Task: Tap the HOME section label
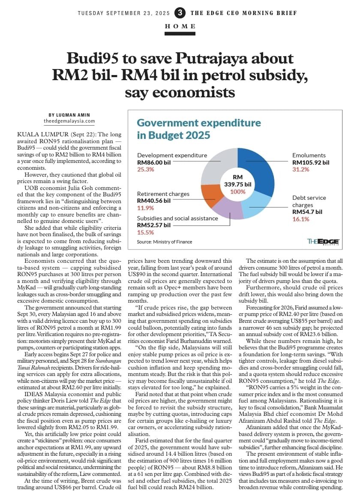(x=180, y=27)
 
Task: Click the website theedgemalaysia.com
(x=69, y=121)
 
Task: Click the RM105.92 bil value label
(x=311, y=162)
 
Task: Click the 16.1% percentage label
(x=301, y=219)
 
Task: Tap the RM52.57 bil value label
(x=153, y=225)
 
